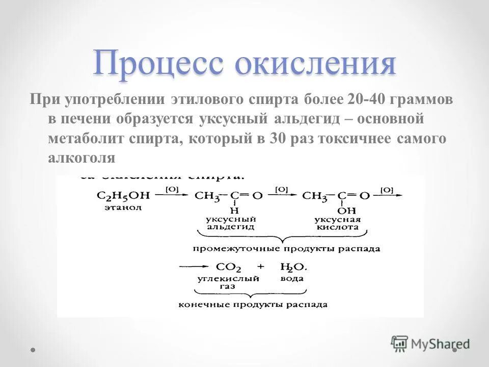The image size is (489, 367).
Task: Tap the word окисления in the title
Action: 316,64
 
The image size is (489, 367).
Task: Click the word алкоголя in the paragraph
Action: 82,158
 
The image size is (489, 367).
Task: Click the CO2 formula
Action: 229,267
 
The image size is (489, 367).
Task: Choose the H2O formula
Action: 292,267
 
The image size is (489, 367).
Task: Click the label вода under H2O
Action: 292,278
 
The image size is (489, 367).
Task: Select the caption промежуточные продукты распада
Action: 286,249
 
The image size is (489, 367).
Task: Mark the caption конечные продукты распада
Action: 253,305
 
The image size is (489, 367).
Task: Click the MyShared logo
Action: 430,344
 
